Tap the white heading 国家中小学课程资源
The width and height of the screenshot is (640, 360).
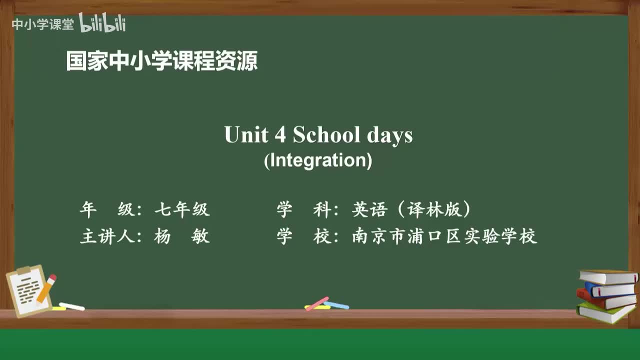pos(162,61)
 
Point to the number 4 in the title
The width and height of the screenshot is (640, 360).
pos(278,135)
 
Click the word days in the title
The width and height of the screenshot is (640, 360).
pos(390,135)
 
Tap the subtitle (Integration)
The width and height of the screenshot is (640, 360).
pos(318,160)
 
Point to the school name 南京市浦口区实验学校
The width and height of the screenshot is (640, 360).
pos(444,236)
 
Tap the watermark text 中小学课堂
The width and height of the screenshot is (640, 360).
pos(42,24)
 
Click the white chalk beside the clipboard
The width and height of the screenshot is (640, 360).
pos(71,306)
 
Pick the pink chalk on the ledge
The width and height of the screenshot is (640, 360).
pos(317,303)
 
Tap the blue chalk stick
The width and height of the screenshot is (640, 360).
pos(336,305)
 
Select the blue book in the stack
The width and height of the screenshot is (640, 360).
pos(610,289)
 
